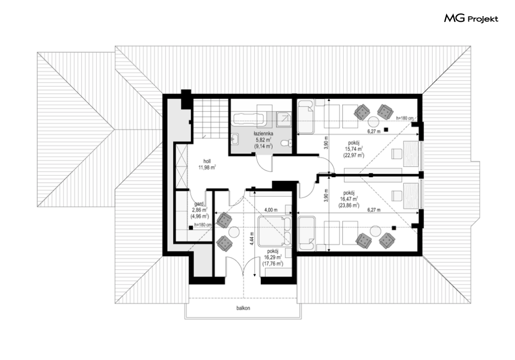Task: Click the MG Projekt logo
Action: point(471,18)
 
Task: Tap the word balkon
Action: point(243,308)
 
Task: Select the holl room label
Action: point(207,162)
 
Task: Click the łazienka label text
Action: point(263,134)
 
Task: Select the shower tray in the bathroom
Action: point(284,120)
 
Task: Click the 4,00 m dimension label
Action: point(271,210)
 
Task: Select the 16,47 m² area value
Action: point(349,199)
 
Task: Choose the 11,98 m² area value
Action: point(207,167)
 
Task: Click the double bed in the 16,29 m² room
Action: point(275,231)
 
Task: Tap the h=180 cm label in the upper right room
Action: point(405,118)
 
